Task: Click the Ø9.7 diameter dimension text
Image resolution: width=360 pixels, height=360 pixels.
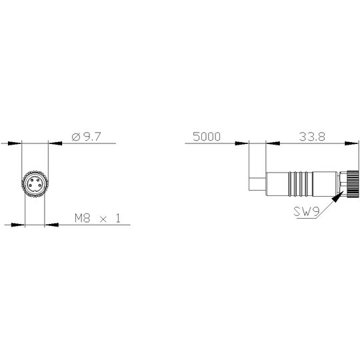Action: coord(86,137)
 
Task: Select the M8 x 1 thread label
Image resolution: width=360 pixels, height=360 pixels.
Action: coord(97,218)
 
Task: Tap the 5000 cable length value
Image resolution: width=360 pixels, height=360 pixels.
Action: coord(207,137)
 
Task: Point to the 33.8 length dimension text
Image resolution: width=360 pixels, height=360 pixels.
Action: coord(312,137)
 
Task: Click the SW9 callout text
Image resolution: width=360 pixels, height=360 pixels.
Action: coord(307,212)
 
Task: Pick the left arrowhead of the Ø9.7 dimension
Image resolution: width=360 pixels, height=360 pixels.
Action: coord(15,143)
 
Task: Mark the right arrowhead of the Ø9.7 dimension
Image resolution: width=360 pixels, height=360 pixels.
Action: coord(55,143)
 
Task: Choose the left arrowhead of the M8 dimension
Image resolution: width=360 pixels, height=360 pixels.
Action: coord(18,225)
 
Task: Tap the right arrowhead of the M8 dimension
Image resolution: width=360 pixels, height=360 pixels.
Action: coord(51,225)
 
